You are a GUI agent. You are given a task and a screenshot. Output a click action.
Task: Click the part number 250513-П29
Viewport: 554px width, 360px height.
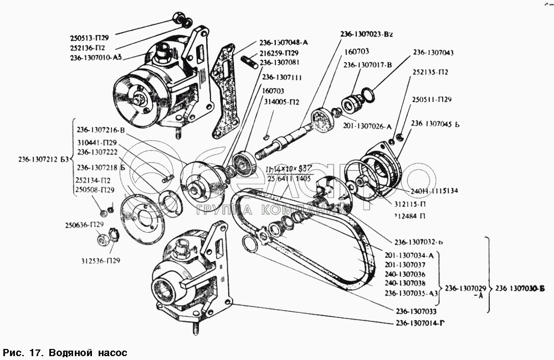[x=90, y=38]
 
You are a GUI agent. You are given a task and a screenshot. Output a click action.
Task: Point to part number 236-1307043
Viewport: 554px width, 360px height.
[x=433, y=53]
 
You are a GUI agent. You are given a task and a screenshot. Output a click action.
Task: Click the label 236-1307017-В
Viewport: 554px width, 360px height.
[x=367, y=65]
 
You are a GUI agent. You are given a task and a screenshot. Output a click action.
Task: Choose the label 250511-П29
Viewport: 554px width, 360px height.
[x=432, y=100]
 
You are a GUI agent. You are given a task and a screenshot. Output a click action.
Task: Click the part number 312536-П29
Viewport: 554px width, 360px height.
[x=100, y=260]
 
